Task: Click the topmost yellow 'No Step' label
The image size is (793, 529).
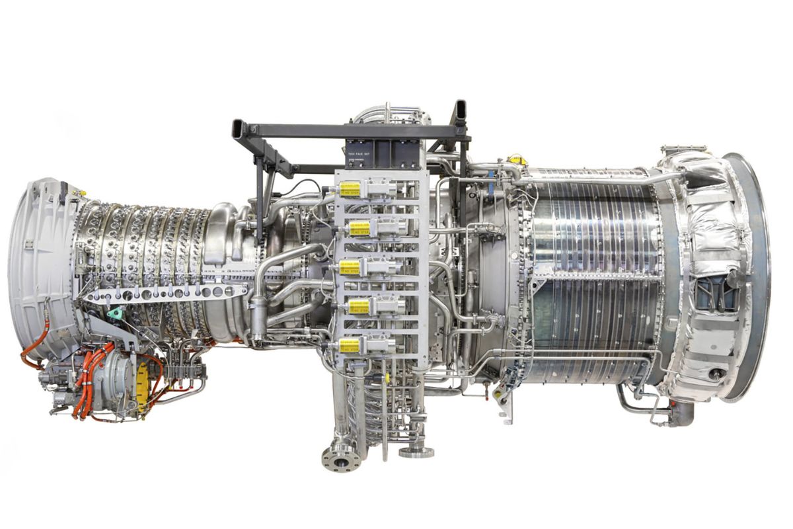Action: click(350, 189)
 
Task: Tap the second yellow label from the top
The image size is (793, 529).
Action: click(359, 229)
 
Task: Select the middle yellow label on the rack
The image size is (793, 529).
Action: click(350, 267)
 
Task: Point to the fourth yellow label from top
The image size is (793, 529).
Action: click(359, 306)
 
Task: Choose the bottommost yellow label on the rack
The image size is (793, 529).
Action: click(349, 345)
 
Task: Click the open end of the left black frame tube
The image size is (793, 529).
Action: click(237, 128)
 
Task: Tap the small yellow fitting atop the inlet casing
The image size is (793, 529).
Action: click(83, 193)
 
